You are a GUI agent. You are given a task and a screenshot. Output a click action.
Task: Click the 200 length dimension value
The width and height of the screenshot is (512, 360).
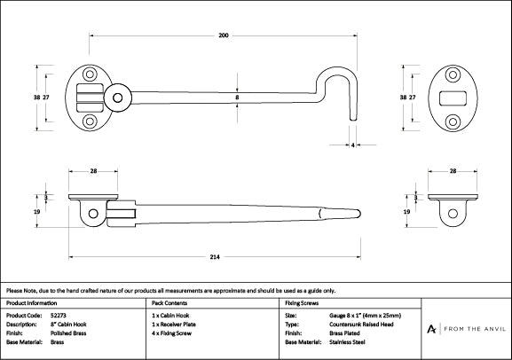pyautogui.click(x=223, y=35)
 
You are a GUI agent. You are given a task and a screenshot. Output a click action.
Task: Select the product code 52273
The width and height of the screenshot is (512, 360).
pyautogui.click(x=58, y=315)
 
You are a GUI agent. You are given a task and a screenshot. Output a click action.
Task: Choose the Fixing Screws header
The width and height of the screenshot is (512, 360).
pyautogui.click(x=302, y=303)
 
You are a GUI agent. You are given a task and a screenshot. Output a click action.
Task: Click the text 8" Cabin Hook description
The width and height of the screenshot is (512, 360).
pyautogui.click(x=69, y=324)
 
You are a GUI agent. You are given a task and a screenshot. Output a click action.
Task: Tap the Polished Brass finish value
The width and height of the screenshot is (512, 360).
pyautogui.click(x=67, y=333)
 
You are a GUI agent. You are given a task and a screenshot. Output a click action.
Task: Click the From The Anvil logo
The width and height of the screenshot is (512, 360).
pyautogui.click(x=466, y=328)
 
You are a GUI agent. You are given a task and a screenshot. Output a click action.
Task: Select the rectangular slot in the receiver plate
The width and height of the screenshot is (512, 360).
pyautogui.click(x=452, y=96)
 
